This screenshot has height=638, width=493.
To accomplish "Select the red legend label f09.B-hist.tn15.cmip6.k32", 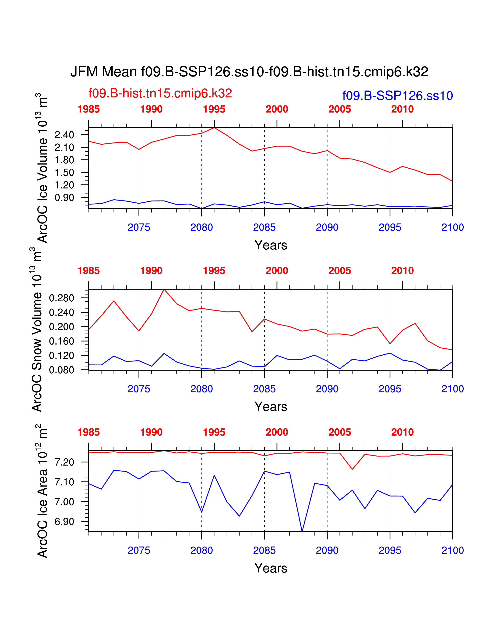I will pos(160,93).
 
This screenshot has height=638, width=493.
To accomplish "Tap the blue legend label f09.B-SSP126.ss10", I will pos(397,96).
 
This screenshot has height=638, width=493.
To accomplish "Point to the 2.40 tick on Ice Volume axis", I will pos(65,135).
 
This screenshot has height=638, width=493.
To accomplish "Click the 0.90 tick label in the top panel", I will pos(65,198).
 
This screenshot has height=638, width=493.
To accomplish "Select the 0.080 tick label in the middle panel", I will pos(62,370).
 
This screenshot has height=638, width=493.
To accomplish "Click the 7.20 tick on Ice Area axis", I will pos(65,462).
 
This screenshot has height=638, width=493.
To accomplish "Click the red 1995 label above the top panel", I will pos(214,109).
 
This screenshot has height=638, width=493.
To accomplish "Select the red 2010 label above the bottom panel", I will pos(402,432).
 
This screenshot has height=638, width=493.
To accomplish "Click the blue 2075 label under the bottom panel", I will pos(139,550).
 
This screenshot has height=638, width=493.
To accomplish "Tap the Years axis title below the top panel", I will pos(271,245).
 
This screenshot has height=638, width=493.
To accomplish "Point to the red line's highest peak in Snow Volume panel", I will pos(164,289).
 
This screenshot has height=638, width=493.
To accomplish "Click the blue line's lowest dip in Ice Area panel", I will pos(302,531).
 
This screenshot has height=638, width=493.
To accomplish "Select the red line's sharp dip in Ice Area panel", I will pos(352,469).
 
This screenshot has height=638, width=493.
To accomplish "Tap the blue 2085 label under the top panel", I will pos(264,227).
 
